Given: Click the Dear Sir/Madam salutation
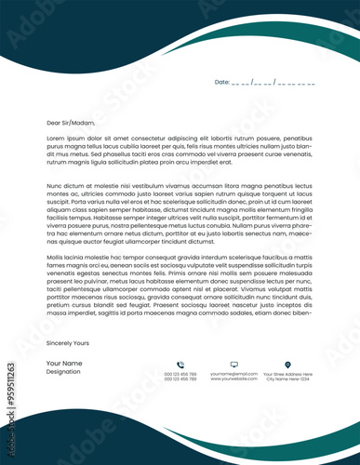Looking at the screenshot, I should click(x=71, y=122).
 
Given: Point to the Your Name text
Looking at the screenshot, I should click(x=64, y=363).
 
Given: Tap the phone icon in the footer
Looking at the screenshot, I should click(x=180, y=364).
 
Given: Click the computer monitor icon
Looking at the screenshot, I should click(x=233, y=364).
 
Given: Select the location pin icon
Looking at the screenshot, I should click(x=287, y=364).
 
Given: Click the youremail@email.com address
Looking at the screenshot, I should click(x=233, y=374).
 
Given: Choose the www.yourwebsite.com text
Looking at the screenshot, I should click(x=233, y=379).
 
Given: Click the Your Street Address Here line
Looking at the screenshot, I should click(x=288, y=374).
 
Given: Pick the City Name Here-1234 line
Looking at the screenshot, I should click(x=288, y=379).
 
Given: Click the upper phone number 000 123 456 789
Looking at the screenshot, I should click(x=180, y=374).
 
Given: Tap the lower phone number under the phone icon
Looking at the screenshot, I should click(x=180, y=379).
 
